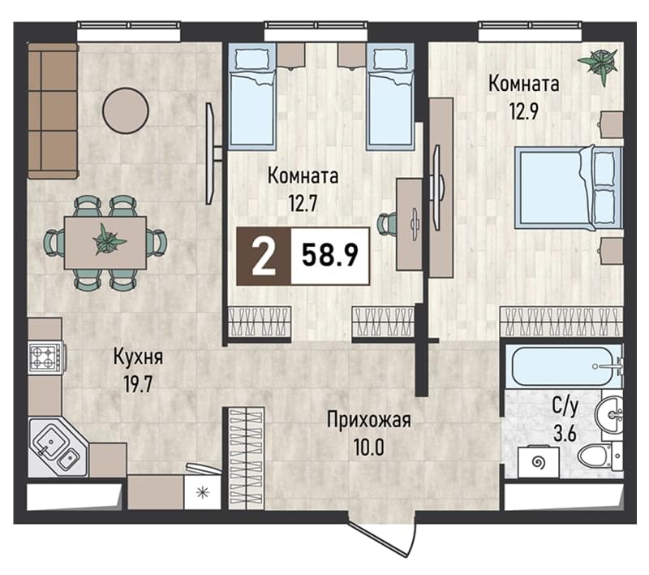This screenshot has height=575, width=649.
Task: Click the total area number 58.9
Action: [330, 256]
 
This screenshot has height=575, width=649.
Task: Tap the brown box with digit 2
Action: [264, 256]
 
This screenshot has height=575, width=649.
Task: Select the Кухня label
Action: [138, 357]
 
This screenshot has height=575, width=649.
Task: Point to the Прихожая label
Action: [369, 421]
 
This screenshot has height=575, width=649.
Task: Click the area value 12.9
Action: [524, 111]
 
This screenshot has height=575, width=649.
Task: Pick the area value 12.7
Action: [303, 204]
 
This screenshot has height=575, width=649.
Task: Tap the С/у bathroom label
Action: [565, 408]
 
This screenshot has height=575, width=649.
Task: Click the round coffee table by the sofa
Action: [126, 111]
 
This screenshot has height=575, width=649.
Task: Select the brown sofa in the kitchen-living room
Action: [53, 111]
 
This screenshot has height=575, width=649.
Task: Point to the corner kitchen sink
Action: [57, 447]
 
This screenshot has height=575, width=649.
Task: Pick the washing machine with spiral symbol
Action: [539, 462]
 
